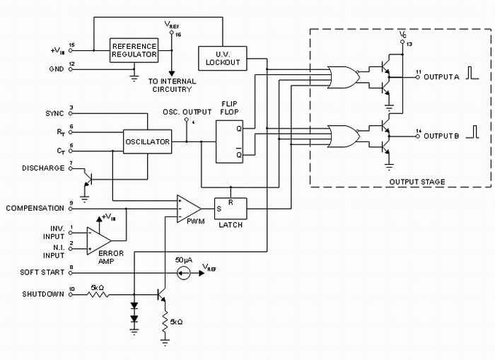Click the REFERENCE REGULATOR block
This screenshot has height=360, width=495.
click(x=134, y=52)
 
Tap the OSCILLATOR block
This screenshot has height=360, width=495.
click(x=147, y=141)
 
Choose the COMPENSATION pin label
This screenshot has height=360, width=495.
click(x=35, y=208)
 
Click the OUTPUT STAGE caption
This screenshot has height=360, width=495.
click(x=417, y=182)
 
